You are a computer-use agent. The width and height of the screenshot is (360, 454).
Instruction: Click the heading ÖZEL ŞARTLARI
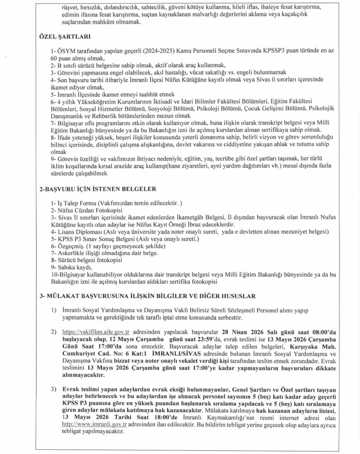pyautogui.click(x=64, y=37)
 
